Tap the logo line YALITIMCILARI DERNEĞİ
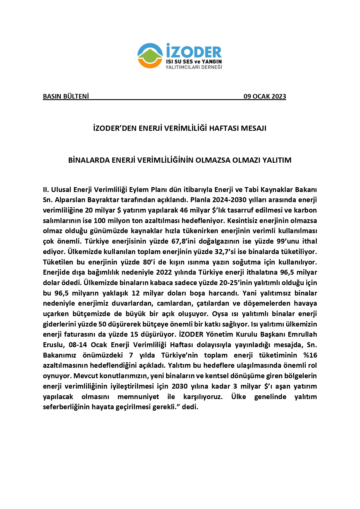click(193, 67)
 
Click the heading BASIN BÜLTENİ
click(66, 96)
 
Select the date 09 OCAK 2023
click(265, 96)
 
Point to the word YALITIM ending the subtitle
click(277, 160)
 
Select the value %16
click(310, 355)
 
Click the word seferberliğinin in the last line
click(66, 407)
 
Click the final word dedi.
click(190, 407)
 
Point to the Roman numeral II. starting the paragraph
click(46, 190)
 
